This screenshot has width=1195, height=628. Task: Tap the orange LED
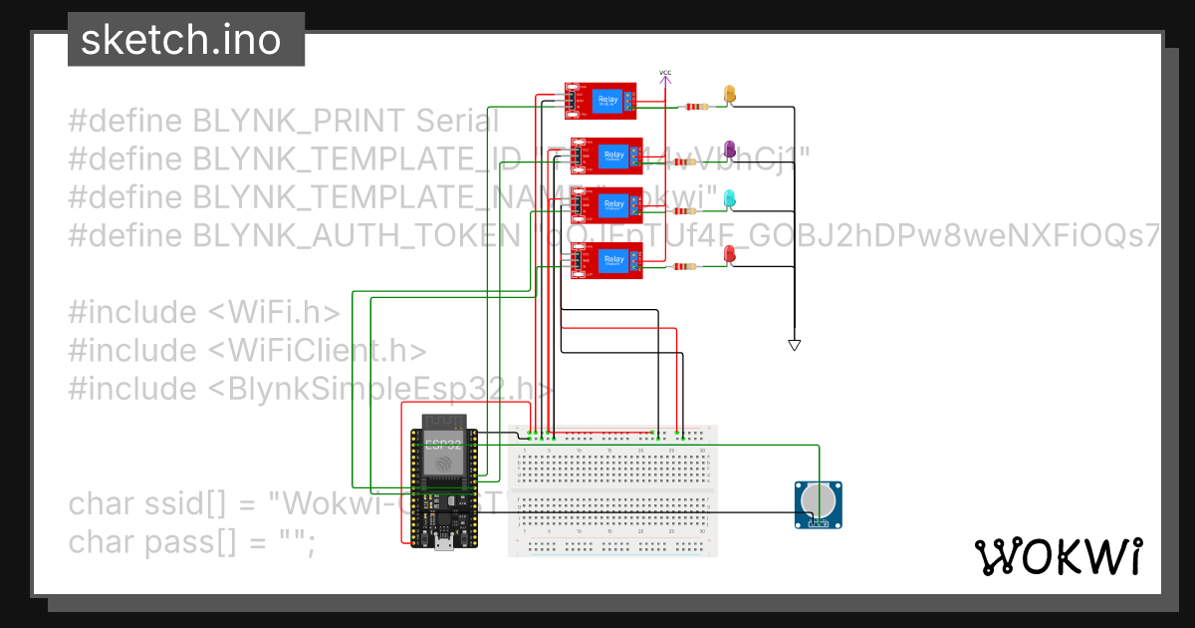730,95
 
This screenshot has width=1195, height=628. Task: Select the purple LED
730,150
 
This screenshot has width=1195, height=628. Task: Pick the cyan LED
730,198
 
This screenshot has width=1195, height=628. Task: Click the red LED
730,257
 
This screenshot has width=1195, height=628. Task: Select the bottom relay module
606,261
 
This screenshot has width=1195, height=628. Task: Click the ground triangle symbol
794,345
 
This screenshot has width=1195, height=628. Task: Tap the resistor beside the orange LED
694,107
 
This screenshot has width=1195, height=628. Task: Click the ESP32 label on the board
443,444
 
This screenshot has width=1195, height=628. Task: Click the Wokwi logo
1058,556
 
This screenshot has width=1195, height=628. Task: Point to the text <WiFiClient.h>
318,350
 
